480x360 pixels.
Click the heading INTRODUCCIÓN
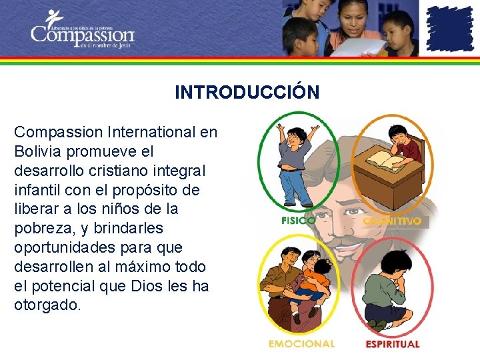point(247,92)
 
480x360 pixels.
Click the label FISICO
point(298,220)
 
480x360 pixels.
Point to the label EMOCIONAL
point(301,344)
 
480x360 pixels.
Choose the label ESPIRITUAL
point(393,344)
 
